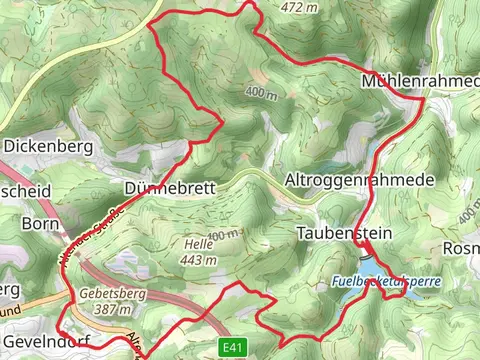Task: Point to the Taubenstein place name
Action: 344,233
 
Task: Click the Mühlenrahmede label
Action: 421,80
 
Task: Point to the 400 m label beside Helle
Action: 226,235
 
